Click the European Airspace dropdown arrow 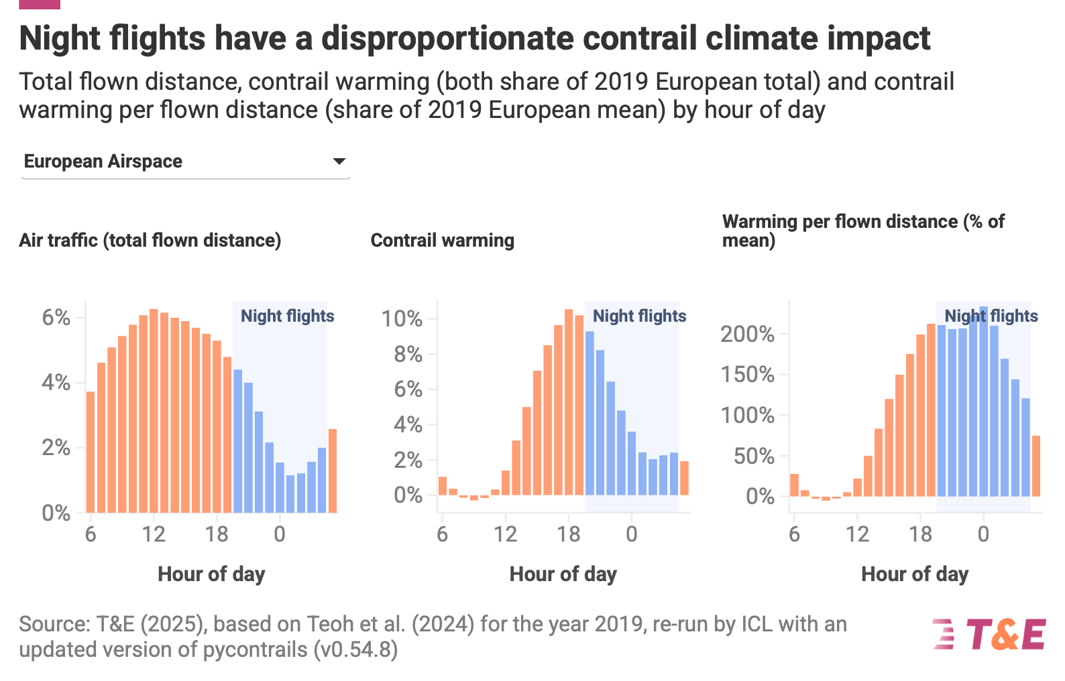339,162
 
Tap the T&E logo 989,634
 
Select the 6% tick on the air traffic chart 56,317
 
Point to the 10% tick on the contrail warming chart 402,318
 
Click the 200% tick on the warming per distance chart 747,334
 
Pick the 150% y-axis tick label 747,374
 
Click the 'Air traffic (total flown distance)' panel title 150,241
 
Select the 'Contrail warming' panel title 443,241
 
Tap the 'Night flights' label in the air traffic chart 287,316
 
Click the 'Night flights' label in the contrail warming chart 639,316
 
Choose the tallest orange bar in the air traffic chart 154,410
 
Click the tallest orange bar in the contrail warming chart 569,402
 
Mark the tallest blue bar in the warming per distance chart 983,401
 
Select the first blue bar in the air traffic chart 237,440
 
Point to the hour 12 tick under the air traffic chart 154,534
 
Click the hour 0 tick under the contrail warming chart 631,534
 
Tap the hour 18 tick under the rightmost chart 920,534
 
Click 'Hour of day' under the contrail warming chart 563,574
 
